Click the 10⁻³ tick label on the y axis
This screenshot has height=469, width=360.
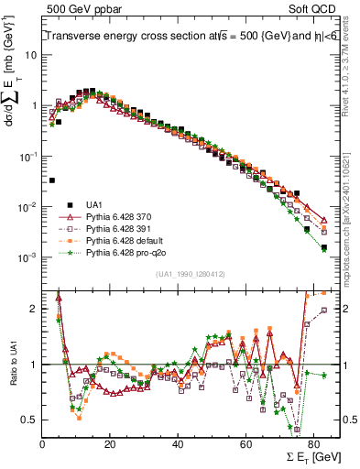(x=27, y=258)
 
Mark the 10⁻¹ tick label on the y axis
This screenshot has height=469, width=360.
(x=27, y=157)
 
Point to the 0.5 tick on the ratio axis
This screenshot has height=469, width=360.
(x=29, y=420)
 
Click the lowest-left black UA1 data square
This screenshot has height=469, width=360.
(x=52, y=180)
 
